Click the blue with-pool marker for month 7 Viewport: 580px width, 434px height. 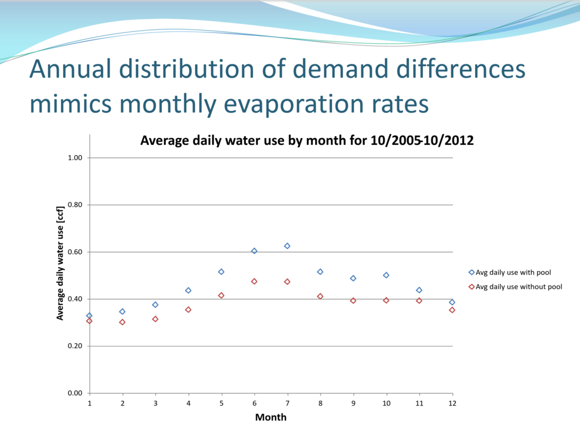pos(287,246)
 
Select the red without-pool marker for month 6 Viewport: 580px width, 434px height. pos(254,282)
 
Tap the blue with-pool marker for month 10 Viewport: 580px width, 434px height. pos(386,275)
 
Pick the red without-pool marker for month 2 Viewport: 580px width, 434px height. pos(122,322)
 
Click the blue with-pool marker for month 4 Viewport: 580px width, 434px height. pos(188,290)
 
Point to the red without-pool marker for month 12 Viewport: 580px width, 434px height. pos(452,310)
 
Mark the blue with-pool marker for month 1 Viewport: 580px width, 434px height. pos(89,316)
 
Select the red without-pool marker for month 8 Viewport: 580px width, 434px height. pos(320,297)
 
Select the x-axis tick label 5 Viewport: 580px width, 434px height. pos(221,403)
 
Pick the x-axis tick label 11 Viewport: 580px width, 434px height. pos(419,403)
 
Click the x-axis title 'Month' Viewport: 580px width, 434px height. pos(271,417)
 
